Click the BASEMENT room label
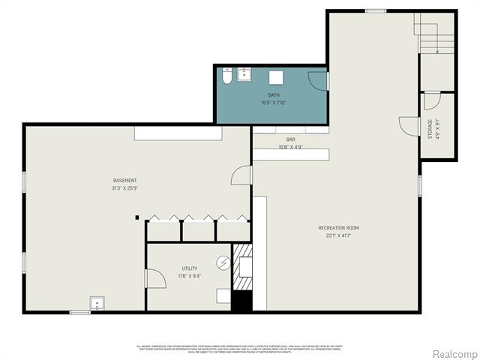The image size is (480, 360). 125,181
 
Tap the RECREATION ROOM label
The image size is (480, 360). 338,227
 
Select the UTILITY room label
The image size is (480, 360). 189,268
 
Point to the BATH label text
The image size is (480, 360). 274,95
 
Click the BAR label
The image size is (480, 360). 290,139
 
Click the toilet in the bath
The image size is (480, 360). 227,76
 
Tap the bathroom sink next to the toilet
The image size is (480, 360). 244,74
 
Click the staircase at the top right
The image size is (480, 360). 436,34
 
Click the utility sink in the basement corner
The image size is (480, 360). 97,304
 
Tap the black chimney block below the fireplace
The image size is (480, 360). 241,301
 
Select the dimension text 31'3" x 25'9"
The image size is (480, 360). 125,188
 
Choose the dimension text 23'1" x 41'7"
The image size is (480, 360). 338,235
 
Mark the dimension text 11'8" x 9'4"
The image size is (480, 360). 189,276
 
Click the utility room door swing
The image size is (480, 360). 155,279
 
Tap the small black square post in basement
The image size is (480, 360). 137,217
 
